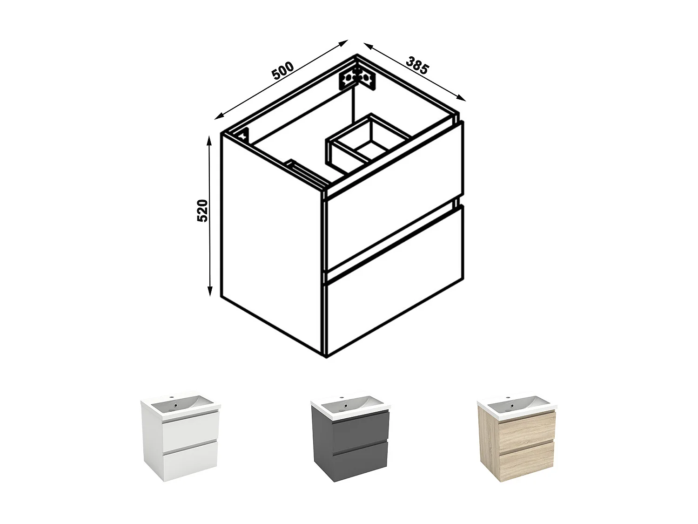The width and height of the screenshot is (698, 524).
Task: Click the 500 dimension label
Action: click(282, 70)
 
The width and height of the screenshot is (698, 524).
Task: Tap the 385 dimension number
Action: click(416, 65)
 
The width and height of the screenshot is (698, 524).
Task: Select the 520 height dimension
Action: click(202, 211)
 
